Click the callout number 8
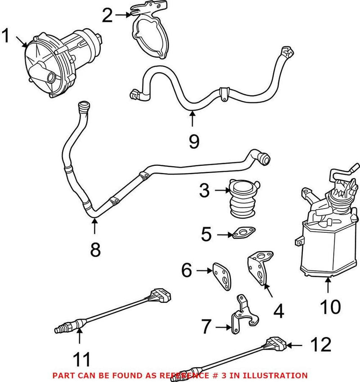tap(95, 250)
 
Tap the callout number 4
tap(279, 311)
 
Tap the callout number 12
tap(320, 345)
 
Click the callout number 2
tap(107, 16)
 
